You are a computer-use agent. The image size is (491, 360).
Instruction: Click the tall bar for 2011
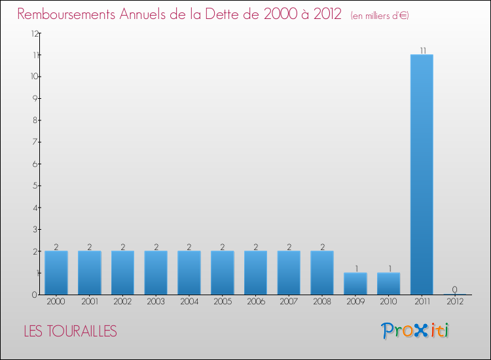pyautogui.click(x=422, y=174)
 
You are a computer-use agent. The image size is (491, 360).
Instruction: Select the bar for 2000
pyautogui.click(x=56, y=272)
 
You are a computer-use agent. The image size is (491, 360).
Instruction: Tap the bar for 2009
pyautogui.click(x=355, y=283)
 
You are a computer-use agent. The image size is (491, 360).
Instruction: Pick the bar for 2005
pyautogui.click(x=222, y=272)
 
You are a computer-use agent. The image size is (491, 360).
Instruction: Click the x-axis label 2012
pyautogui.click(x=454, y=302)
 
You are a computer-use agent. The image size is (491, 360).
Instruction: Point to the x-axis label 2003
pyautogui.click(x=156, y=302)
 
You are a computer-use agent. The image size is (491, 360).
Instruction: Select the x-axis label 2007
pyautogui.click(x=289, y=302)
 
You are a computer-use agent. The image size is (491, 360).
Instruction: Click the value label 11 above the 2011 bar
pyautogui.click(x=422, y=50)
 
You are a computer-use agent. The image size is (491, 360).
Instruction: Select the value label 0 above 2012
pyautogui.click(x=454, y=289)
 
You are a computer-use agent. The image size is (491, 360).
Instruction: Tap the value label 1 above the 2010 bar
pyautogui.click(x=388, y=268)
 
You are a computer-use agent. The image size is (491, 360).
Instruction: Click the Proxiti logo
pyautogui.click(x=415, y=331)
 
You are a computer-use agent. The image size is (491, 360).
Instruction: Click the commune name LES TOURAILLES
pyautogui.click(x=70, y=332)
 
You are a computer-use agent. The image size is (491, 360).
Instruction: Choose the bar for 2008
pyautogui.click(x=321, y=272)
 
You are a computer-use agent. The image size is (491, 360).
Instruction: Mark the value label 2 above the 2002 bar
pyautogui.click(x=122, y=247)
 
